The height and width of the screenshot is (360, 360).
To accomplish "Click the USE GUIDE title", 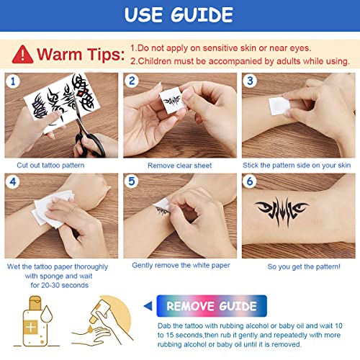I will [x=180, y=15].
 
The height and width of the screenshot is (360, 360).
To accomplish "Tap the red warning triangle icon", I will [x=22, y=54].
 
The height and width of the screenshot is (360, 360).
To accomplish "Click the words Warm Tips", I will [x=79, y=54].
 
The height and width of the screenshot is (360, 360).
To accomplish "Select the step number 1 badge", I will [x=13, y=81].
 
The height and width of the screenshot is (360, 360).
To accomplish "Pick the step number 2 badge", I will [x=132, y=81].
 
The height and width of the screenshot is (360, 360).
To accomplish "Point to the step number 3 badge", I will [x=251, y=81].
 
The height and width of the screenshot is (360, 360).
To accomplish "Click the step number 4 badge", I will [x=13, y=182].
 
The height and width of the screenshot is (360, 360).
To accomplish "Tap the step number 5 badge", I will [x=132, y=182].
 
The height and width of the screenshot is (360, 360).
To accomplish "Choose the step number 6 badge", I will [x=251, y=182].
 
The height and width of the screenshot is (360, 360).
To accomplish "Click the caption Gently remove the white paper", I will [x=181, y=265].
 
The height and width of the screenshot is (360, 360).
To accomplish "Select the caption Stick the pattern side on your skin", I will [x=299, y=165].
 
